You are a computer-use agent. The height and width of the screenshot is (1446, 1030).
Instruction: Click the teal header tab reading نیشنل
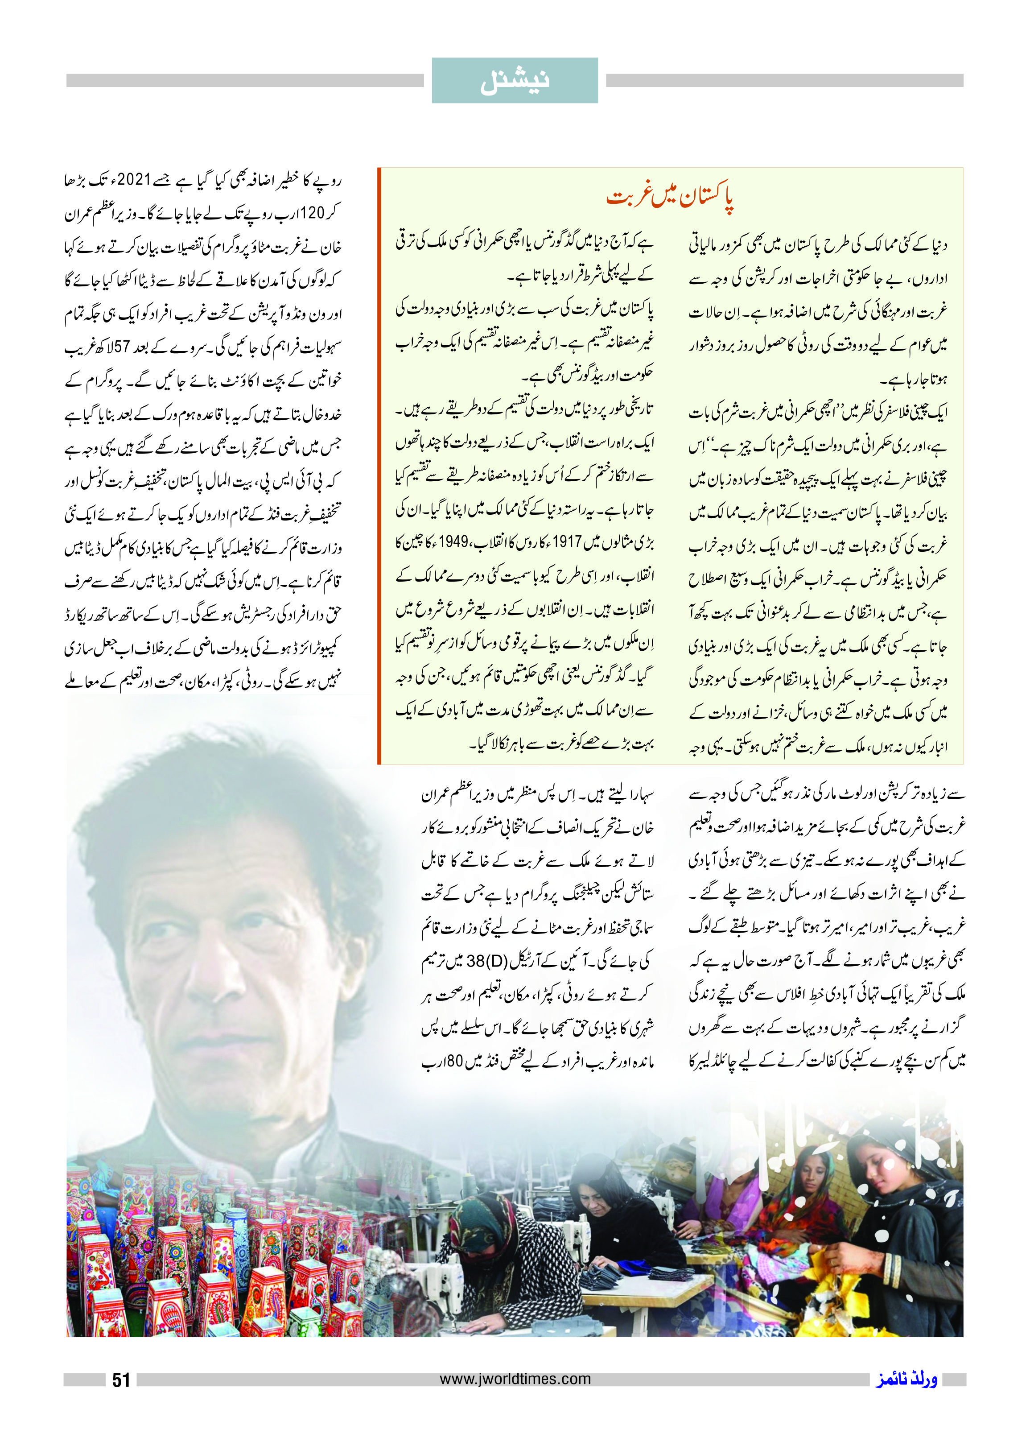click(515, 81)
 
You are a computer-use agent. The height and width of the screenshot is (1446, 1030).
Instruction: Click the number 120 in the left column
click(311, 213)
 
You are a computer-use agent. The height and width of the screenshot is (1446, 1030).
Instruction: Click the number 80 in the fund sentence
click(455, 1062)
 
